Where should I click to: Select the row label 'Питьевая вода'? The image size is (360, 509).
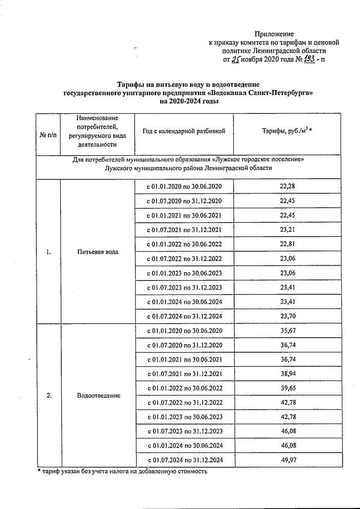[x=98, y=251]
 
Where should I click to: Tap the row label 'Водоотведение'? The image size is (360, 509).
[x=98, y=395]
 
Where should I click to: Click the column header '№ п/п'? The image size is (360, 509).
[x=48, y=136]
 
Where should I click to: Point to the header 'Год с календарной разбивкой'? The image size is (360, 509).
[x=184, y=131]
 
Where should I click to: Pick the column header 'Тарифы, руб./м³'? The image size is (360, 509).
[x=286, y=131]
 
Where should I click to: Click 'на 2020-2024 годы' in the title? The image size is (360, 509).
[x=188, y=102]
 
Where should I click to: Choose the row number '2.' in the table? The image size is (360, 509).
[x=49, y=395]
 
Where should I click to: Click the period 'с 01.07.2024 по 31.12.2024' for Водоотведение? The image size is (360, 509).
[x=184, y=460]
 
